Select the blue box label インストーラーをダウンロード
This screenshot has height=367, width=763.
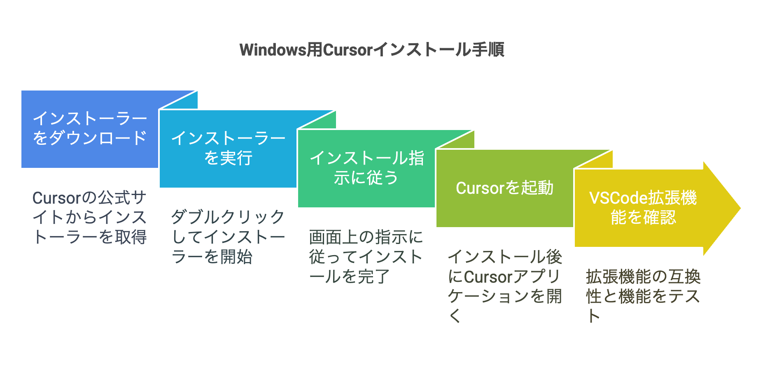click(x=90, y=128)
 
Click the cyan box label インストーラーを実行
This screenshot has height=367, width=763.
click(x=228, y=148)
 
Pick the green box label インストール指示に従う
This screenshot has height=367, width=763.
click(x=366, y=168)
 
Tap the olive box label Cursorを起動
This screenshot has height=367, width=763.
click(x=504, y=188)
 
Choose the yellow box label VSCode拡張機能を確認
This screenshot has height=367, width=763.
click(x=643, y=207)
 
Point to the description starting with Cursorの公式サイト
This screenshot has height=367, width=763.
click(x=90, y=217)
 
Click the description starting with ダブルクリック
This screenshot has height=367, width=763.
click(x=228, y=237)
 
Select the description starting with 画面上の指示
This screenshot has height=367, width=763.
click(x=366, y=257)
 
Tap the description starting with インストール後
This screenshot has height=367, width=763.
click(x=505, y=286)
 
